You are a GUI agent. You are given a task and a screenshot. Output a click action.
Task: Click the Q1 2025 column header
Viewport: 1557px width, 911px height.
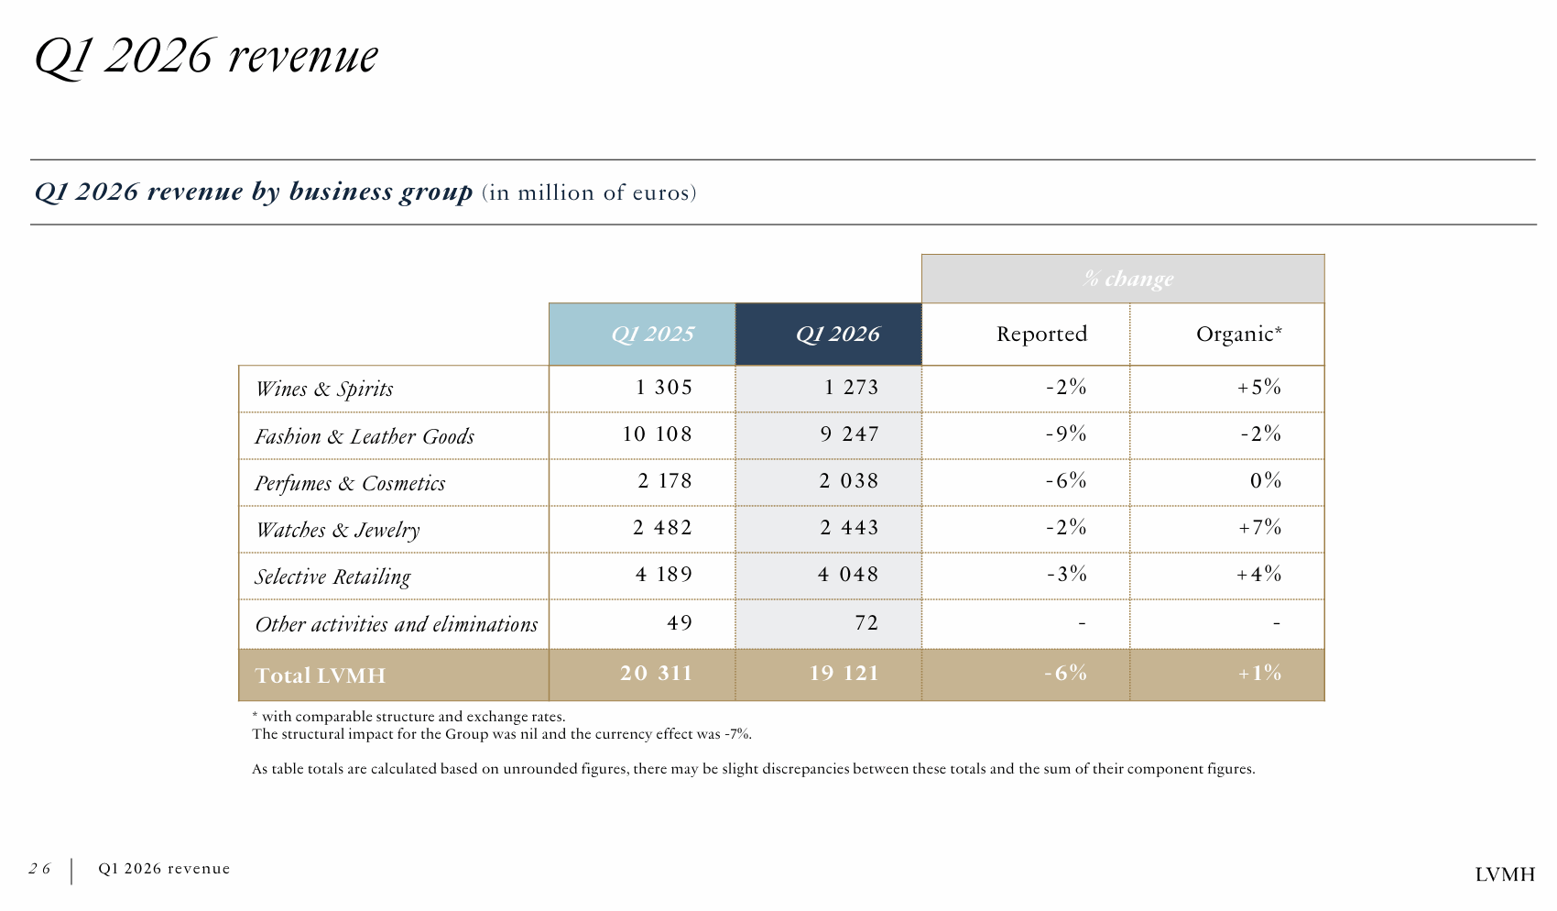click(652, 335)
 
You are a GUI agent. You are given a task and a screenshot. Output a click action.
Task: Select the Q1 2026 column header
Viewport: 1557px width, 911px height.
click(837, 335)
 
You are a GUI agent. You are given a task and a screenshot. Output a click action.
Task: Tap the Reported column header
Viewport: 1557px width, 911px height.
click(1041, 335)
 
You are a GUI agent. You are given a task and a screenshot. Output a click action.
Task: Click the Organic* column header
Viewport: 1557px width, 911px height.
click(1238, 335)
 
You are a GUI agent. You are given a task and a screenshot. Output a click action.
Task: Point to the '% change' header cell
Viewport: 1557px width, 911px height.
click(1127, 279)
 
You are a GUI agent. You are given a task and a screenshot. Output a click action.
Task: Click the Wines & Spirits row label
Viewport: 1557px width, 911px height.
click(324, 389)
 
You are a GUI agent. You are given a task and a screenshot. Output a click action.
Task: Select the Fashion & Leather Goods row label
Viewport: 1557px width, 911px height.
click(365, 436)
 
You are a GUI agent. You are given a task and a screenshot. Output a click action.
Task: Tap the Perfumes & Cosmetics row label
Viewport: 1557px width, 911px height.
click(350, 483)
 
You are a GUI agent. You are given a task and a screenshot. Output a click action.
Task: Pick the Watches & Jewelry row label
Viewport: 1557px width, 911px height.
click(338, 530)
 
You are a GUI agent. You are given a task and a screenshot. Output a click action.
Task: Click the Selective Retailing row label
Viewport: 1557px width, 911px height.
click(332, 576)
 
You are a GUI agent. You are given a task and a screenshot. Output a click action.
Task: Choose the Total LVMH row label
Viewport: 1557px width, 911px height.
click(321, 675)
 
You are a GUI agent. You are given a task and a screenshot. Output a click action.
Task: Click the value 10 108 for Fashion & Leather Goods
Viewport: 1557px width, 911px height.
click(657, 434)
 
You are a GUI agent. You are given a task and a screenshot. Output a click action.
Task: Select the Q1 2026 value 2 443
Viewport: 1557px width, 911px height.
click(849, 528)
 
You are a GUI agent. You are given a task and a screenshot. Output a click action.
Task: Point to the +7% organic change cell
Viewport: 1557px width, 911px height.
click(1259, 528)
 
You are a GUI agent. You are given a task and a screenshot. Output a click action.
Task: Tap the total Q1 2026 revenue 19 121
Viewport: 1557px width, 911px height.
click(844, 674)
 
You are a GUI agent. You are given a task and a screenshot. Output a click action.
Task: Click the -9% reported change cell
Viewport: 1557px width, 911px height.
click(1066, 434)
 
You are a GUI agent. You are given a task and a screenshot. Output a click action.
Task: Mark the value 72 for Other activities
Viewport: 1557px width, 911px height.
click(866, 623)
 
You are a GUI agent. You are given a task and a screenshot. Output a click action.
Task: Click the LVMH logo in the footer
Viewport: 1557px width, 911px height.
click(1504, 874)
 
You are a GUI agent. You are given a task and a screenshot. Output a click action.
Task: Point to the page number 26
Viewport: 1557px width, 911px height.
click(39, 869)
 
